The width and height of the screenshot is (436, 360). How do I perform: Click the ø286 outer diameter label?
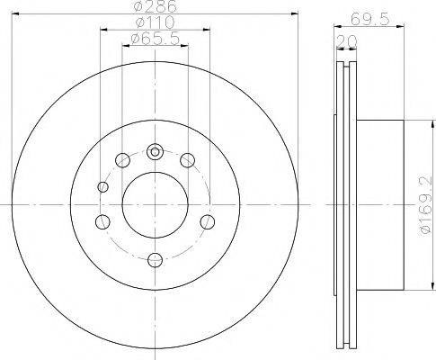click(x=156, y=6)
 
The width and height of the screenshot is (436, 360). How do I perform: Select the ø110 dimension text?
click(x=155, y=22)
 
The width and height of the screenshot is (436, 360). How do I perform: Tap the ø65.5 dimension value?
click(x=156, y=39)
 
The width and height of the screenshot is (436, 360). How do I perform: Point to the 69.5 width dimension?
click(x=369, y=20)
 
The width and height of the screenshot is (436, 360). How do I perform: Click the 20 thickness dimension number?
click(x=346, y=41)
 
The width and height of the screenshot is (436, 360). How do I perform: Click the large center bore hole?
click(x=156, y=205)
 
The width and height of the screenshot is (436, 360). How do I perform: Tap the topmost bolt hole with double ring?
click(x=155, y=152)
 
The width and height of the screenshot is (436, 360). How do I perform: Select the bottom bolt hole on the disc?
click(x=156, y=260)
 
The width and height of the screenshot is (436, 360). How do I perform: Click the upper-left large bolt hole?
click(x=122, y=160)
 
